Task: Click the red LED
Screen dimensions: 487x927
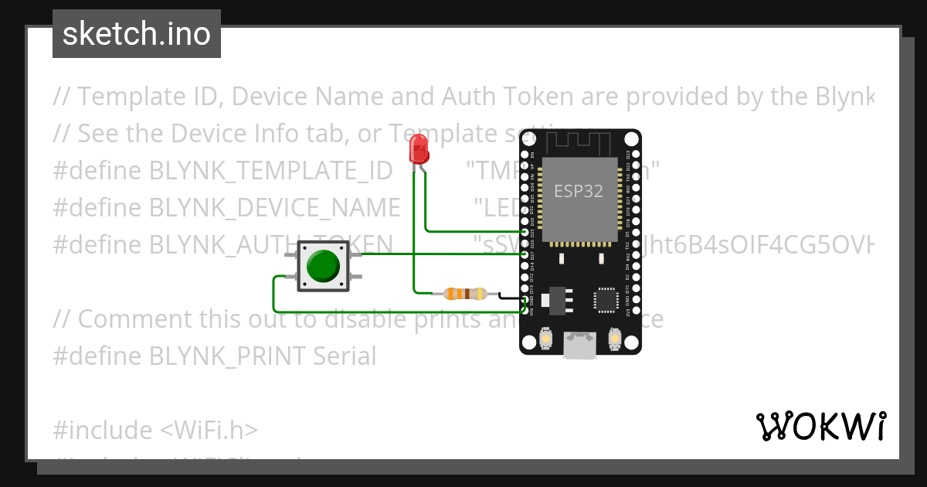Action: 419,148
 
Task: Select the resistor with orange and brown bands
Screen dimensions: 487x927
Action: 464,293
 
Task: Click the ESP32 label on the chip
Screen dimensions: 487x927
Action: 579,190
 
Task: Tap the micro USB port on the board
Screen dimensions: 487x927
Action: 579,345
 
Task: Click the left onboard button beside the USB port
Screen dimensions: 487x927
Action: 545,339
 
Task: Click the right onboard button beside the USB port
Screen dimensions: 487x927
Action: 616,339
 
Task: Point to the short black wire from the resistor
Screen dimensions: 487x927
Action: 511,296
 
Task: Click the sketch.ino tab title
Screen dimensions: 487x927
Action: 137,34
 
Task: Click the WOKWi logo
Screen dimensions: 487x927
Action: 820,426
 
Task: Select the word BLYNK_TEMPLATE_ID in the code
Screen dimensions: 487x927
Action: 270,171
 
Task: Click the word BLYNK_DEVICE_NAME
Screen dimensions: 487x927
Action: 274,208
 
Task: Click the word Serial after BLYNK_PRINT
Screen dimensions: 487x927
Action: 345,356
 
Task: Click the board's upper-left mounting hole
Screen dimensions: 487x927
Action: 528,139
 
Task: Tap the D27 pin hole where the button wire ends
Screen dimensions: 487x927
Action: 525,254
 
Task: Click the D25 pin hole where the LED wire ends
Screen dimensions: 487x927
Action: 525,231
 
